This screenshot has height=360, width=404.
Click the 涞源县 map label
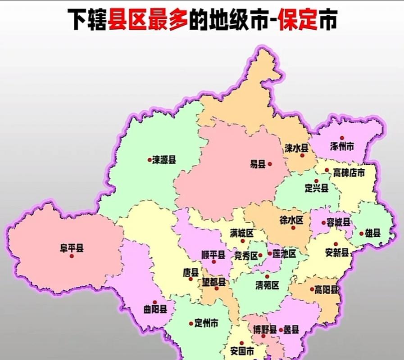pyautogui.click(x=164, y=160)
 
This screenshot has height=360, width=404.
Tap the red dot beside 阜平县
pyautogui.click(x=72, y=256)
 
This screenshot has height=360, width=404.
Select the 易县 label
pyautogui.click(x=258, y=164)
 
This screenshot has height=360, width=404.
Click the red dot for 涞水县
pyautogui.click(x=303, y=155)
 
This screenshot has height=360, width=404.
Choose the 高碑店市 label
pyautogui.click(x=349, y=173)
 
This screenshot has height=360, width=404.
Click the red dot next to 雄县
pyautogui.click(x=361, y=234)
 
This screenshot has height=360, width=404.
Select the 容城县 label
pyautogui.click(x=339, y=222)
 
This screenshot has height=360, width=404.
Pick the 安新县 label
pyautogui.click(x=337, y=252)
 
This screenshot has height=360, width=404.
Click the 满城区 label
pyautogui.click(x=242, y=233)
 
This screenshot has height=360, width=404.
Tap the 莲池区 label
pyautogui.click(x=285, y=254)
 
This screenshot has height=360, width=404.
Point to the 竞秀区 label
pyautogui.click(x=245, y=256)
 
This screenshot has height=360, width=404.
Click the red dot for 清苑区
pyautogui.click(x=267, y=276)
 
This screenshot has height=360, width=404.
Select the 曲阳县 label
pyautogui.click(x=155, y=310)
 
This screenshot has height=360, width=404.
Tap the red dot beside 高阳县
pyautogui.click(x=312, y=289)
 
